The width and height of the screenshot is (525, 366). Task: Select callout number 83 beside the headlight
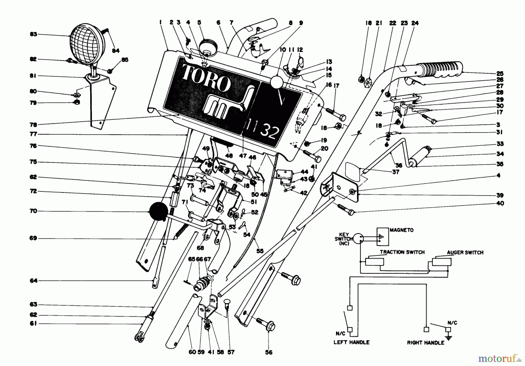[x=34, y=34]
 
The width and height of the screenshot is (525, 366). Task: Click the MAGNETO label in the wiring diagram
[x=402, y=230]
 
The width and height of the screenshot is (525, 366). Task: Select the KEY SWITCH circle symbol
[x=358, y=239]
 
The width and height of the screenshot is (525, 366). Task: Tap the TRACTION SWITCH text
[x=402, y=252]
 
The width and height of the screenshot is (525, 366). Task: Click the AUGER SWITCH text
[x=465, y=252]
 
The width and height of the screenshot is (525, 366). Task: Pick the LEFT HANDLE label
[x=351, y=342]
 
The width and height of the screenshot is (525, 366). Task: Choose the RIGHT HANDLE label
[x=426, y=343]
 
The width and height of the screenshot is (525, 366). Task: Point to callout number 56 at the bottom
[x=269, y=353]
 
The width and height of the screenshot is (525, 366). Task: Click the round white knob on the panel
[x=276, y=83]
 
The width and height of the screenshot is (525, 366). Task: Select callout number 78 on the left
[x=34, y=125]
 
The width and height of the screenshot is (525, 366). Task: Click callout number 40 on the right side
[x=500, y=203]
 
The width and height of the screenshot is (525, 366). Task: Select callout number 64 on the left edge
[x=34, y=281]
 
